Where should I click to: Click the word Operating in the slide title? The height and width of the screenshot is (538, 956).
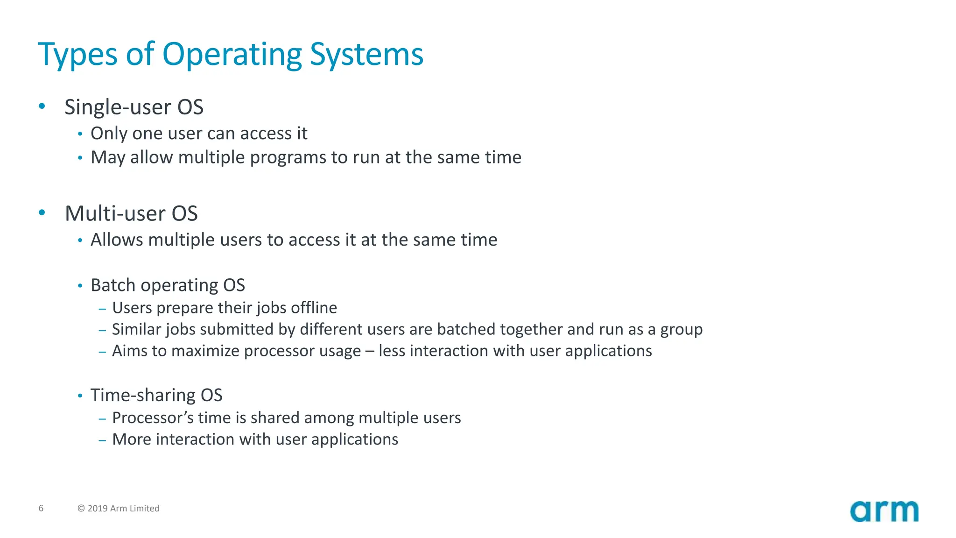pos(232,55)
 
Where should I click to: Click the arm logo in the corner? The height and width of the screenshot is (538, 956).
pos(884,511)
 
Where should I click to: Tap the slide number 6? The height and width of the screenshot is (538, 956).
pos(41,508)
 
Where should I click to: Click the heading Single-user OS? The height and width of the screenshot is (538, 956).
pos(134,107)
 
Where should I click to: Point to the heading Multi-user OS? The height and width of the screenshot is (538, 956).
pos(131,213)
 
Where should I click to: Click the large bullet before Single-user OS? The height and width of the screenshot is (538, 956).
pos(42,106)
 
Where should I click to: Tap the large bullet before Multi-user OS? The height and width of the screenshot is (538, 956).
pos(42,212)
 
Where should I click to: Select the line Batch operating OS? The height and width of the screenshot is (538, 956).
pos(168,285)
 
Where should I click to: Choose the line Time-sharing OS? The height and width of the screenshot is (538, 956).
pos(156,395)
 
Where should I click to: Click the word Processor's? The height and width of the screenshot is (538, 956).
pos(153,418)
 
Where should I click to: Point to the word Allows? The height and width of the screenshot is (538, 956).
pos(117,240)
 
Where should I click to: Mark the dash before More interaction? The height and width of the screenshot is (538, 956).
pos(103,440)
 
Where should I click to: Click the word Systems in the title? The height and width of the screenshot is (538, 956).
pos(366,55)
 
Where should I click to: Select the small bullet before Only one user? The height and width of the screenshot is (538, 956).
pos(80,134)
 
